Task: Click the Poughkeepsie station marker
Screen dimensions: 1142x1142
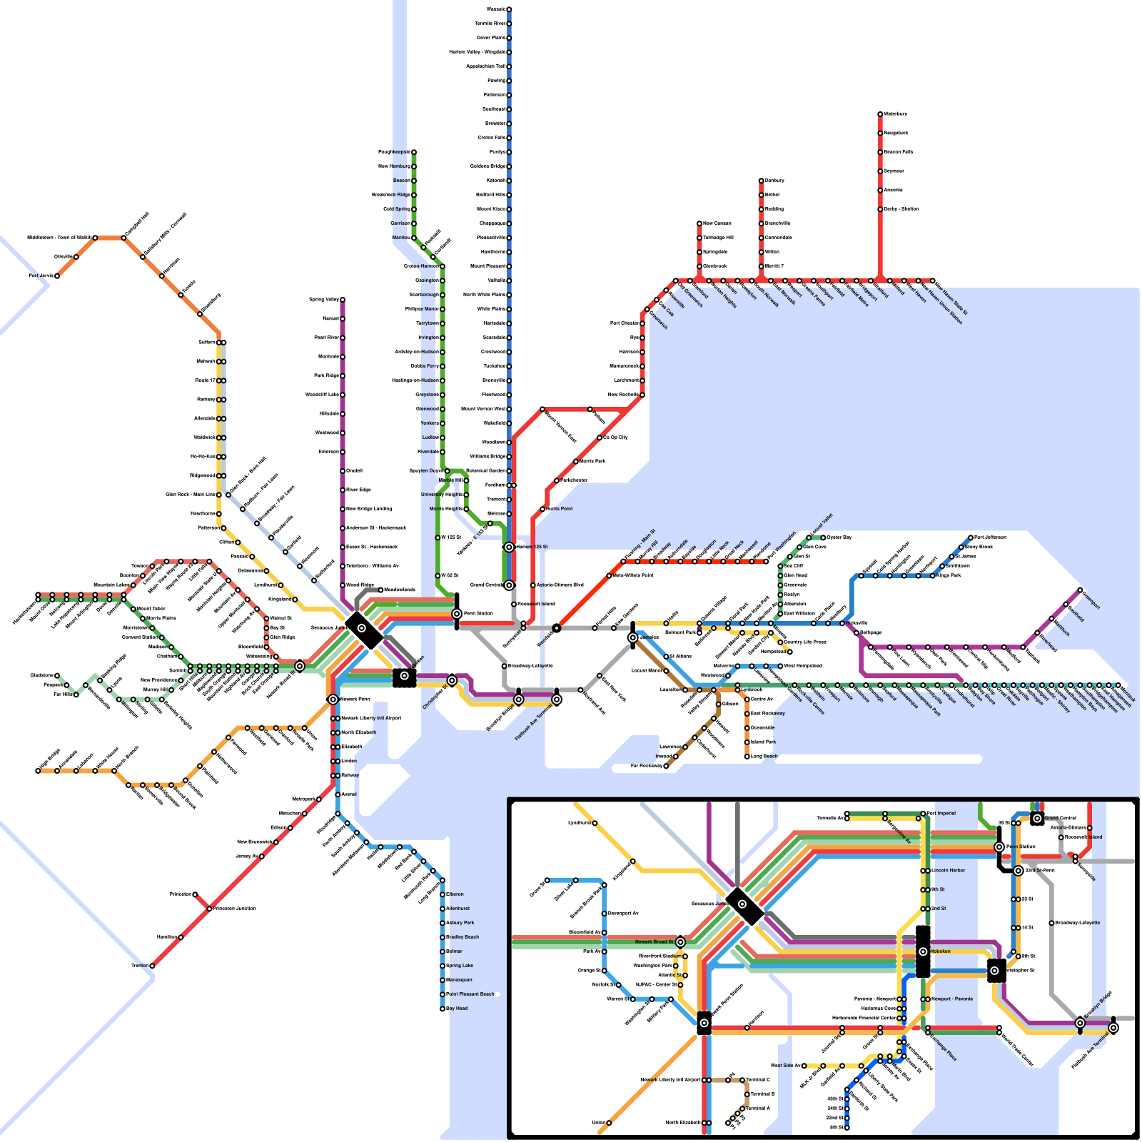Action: click(414, 152)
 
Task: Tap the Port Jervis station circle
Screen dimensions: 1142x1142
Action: click(57, 276)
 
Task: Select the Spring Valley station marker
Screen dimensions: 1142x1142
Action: click(343, 300)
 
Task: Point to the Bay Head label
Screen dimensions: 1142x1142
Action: click(457, 1009)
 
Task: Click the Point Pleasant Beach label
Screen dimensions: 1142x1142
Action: click(470, 994)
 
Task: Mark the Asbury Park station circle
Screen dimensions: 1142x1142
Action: click(443, 923)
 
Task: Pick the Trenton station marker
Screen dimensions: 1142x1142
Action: click(152, 966)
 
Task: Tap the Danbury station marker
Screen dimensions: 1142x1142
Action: click(761, 181)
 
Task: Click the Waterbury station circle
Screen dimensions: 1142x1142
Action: click(880, 114)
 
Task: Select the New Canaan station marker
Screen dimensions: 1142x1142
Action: click(699, 223)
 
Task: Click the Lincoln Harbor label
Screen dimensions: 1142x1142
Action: click(949, 871)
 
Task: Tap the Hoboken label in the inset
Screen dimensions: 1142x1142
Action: click(940, 951)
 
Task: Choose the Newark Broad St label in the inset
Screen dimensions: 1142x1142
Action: click(654, 942)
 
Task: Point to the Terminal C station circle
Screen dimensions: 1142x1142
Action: click(742, 1080)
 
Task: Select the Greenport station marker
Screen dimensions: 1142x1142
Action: click(1080, 590)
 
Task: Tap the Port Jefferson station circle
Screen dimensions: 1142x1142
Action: click(971, 537)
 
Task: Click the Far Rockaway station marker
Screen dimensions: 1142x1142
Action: click(666, 766)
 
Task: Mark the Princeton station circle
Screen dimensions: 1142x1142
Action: click(195, 894)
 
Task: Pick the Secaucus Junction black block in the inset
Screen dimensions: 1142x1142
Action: click(744, 906)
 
